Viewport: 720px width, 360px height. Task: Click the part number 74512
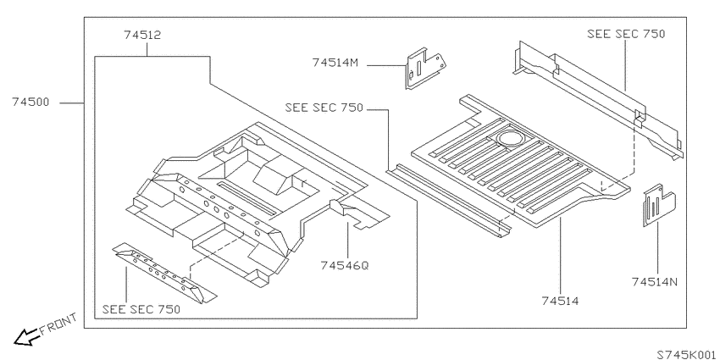pos(142,35)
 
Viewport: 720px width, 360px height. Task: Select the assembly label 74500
pos(30,102)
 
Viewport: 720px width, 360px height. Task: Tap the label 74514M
pos(335,62)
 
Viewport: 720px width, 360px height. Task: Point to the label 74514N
pos(654,281)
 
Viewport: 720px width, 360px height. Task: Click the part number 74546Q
pos(345,265)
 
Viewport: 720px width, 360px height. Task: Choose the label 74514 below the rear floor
pos(560,301)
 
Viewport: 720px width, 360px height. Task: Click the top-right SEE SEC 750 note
pos(626,34)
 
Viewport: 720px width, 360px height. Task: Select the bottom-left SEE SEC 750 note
pos(141,309)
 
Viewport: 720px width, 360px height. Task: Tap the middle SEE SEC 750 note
pos(324,108)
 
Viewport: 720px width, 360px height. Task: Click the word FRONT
pos(58,324)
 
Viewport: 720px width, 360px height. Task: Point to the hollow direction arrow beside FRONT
pos(26,337)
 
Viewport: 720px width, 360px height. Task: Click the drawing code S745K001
pos(686,354)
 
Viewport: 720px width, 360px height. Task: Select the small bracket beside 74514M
pos(424,67)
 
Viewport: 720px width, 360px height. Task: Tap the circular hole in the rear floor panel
pos(509,138)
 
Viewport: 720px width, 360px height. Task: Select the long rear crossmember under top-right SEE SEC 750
pos(597,99)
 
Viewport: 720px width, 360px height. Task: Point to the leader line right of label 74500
pos(72,102)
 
